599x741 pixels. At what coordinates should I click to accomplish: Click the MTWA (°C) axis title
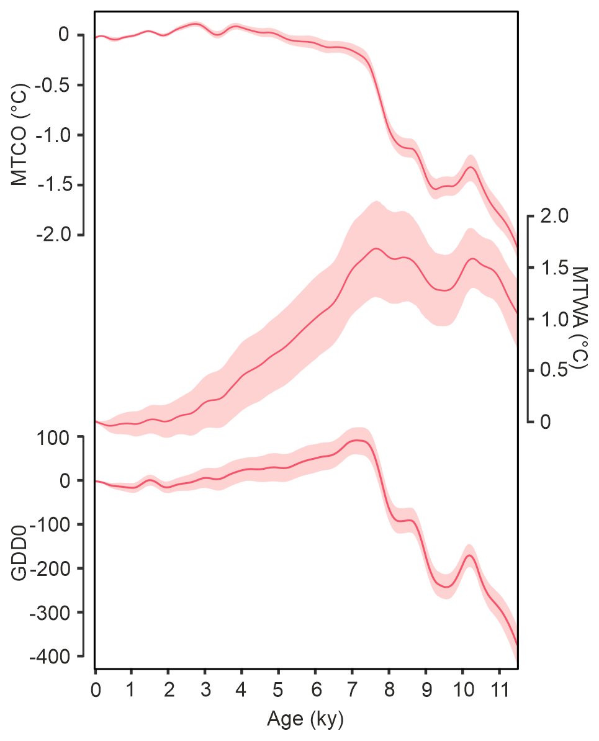(x=579, y=318)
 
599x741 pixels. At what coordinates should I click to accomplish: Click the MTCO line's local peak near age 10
(x=471, y=167)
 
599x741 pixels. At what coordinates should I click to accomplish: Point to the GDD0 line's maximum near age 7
(x=357, y=440)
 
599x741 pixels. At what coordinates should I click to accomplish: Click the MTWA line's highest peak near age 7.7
(x=376, y=248)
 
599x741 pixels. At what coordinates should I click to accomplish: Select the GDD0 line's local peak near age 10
(x=470, y=555)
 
